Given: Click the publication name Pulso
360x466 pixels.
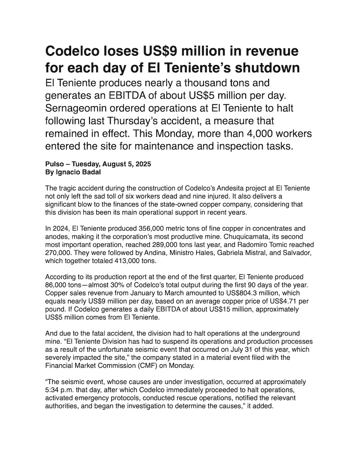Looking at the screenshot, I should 55,164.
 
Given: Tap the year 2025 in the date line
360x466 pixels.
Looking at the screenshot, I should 142,164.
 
